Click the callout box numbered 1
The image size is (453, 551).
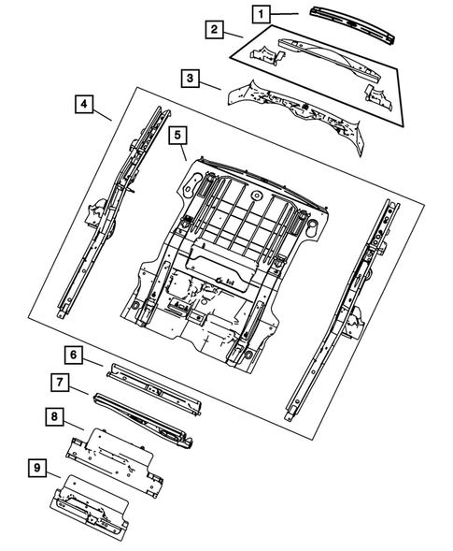(262, 13)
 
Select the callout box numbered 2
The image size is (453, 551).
(215, 30)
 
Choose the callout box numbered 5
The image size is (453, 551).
(176, 137)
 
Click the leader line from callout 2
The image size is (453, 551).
(234, 36)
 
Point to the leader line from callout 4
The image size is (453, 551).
(104, 115)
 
